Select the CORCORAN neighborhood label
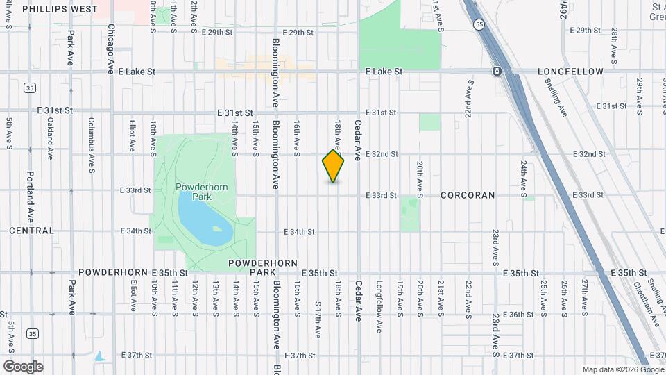point(468,195)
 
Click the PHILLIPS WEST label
point(60,9)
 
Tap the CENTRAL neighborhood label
point(31,231)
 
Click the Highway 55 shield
point(480,24)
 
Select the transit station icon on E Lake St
point(497,72)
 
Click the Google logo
point(23,367)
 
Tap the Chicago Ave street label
point(111,50)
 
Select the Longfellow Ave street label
point(379,299)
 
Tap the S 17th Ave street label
point(317,319)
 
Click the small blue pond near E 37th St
point(101,356)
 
